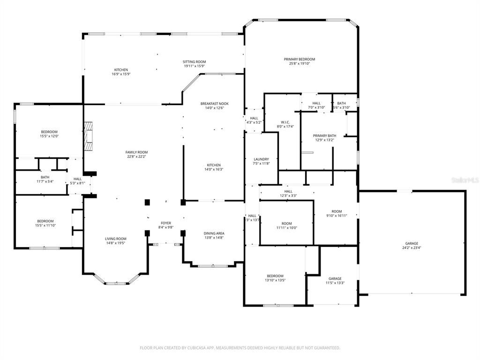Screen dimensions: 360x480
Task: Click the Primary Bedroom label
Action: click(x=299, y=59)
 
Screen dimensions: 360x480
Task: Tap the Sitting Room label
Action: click(x=194, y=62)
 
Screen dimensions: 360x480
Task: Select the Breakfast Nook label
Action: click(x=214, y=104)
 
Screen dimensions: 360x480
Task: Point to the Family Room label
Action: click(x=136, y=152)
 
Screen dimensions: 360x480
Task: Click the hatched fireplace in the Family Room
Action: click(x=89, y=136)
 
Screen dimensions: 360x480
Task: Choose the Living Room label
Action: click(x=115, y=239)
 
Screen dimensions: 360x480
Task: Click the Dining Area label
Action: click(x=214, y=233)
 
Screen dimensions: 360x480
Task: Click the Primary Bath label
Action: click(x=324, y=136)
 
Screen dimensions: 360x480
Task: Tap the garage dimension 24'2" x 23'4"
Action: click(x=412, y=247)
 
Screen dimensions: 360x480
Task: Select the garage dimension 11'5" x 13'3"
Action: click(x=335, y=283)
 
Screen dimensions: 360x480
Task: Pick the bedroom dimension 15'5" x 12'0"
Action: click(x=49, y=136)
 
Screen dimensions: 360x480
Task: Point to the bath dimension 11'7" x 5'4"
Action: click(x=45, y=181)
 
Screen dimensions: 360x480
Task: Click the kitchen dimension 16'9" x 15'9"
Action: click(x=120, y=74)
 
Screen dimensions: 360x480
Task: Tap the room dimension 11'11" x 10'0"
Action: click(x=286, y=228)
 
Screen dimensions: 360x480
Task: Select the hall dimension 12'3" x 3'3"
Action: click(x=288, y=195)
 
